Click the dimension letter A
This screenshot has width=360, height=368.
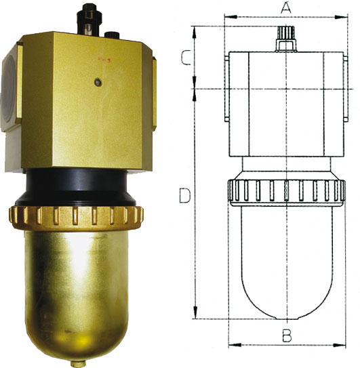[x=286, y=7]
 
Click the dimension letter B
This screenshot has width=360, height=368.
[x=287, y=335]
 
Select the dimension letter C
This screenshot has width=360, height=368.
[x=186, y=57]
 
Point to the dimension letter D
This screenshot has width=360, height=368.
[x=185, y=195]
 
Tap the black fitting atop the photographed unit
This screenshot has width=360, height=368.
[x=89, y=20]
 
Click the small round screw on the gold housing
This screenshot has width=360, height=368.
[x=98, y=82]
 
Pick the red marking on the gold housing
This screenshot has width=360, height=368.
[x=104, y=60]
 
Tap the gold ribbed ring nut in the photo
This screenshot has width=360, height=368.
[x=76, y=218]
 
